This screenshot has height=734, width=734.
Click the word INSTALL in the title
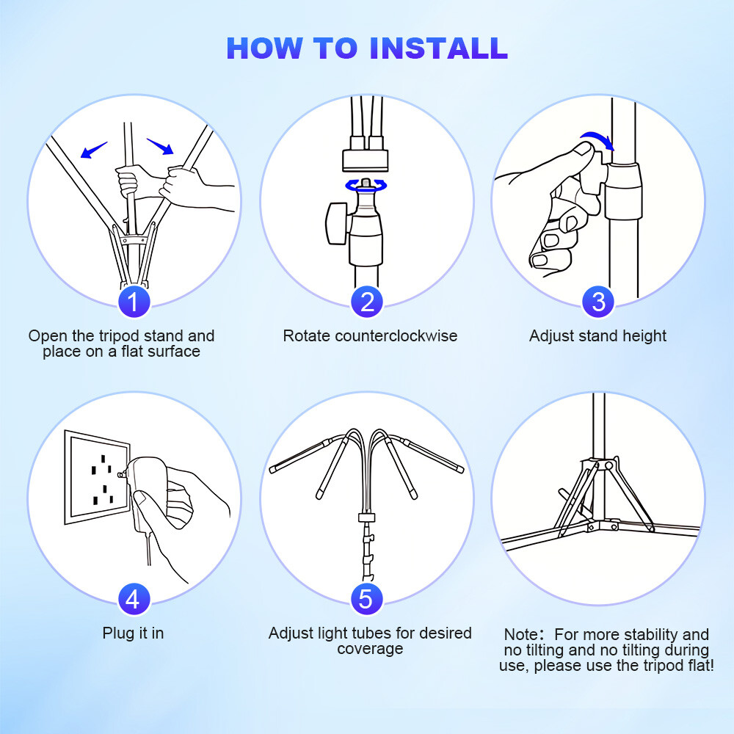tap(438, 48)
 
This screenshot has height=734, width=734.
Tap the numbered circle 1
tap(134, 301)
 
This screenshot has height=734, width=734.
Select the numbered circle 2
tap(367, 301)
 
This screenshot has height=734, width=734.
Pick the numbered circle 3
tap(598, 301)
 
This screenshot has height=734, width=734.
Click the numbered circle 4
tap(134, 599)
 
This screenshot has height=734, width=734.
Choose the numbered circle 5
tap(367, 599)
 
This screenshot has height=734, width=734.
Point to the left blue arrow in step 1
tap(94, 150)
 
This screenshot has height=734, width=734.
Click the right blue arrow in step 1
tap(160, 146)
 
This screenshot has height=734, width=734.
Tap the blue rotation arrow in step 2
tap(366, 186)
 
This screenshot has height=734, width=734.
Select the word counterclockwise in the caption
tap(396, 335)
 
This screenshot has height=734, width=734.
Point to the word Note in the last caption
tap(521, 634)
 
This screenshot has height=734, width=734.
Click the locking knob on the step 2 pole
tap(337, 223)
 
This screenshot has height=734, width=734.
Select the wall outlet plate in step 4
tap(98, 476)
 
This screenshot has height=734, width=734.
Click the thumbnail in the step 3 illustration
tap(584, 150)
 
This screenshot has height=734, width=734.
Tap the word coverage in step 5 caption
tap(370, 649)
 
